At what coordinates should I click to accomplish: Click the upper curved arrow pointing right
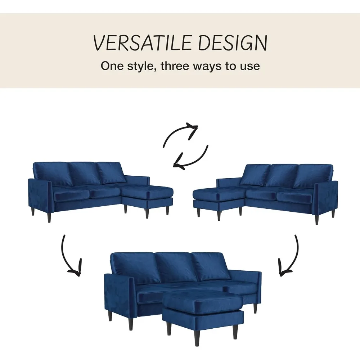pos(180,135)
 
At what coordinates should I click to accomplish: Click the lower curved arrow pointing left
pos(191,158)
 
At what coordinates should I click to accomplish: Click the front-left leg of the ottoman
pos(168,328)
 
